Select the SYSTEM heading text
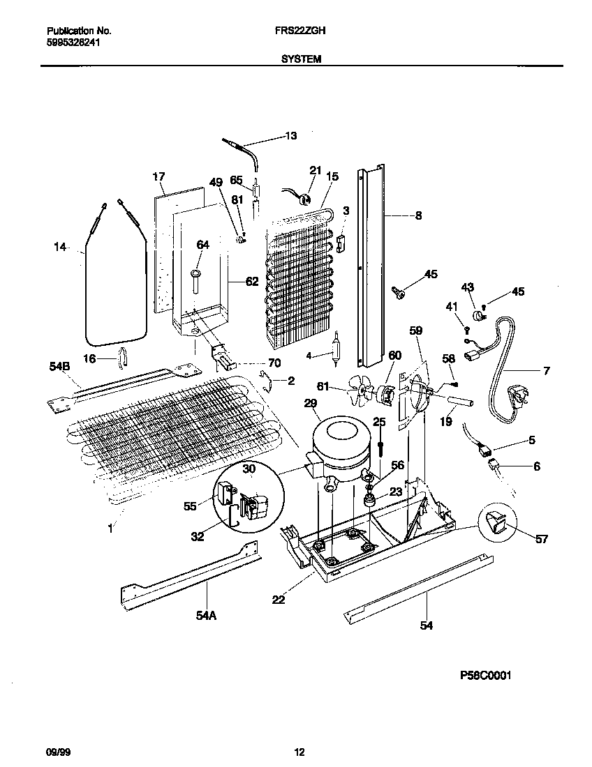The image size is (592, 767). click(301, 60)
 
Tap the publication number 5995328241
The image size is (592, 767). click(72, 41)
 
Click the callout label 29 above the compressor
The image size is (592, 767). click(311, 403)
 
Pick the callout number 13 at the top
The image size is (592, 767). click(291, 135)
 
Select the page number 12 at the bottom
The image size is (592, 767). click(299, 752)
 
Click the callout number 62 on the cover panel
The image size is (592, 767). click(251, 282)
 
